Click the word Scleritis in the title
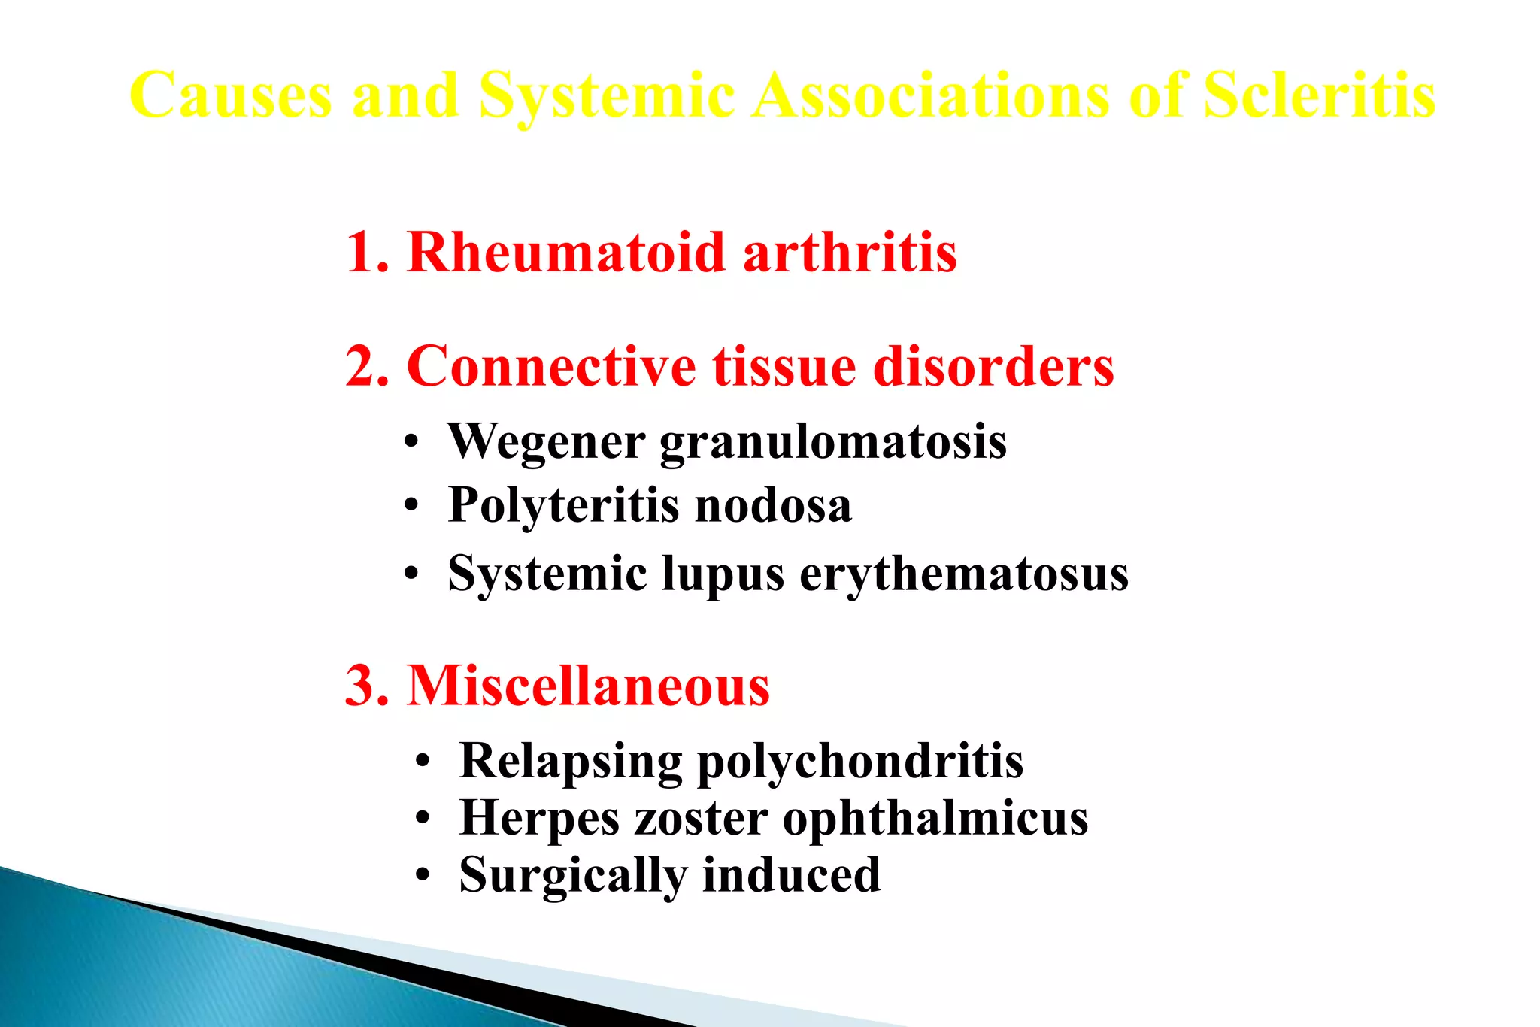click(x=1319, y=95)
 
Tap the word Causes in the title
click(x=231, y=95)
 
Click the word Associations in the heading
click(x=931, y=95)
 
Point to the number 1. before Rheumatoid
click(x=368, y=253)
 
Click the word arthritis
click(x=850, y=253)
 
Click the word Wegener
click(x=546, y=441)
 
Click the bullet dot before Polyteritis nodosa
click(x=410, y=506)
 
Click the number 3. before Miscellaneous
click(x=368, y=686)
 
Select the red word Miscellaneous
click(x=588, y=686)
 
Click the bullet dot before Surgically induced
click(x=423, y=876)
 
